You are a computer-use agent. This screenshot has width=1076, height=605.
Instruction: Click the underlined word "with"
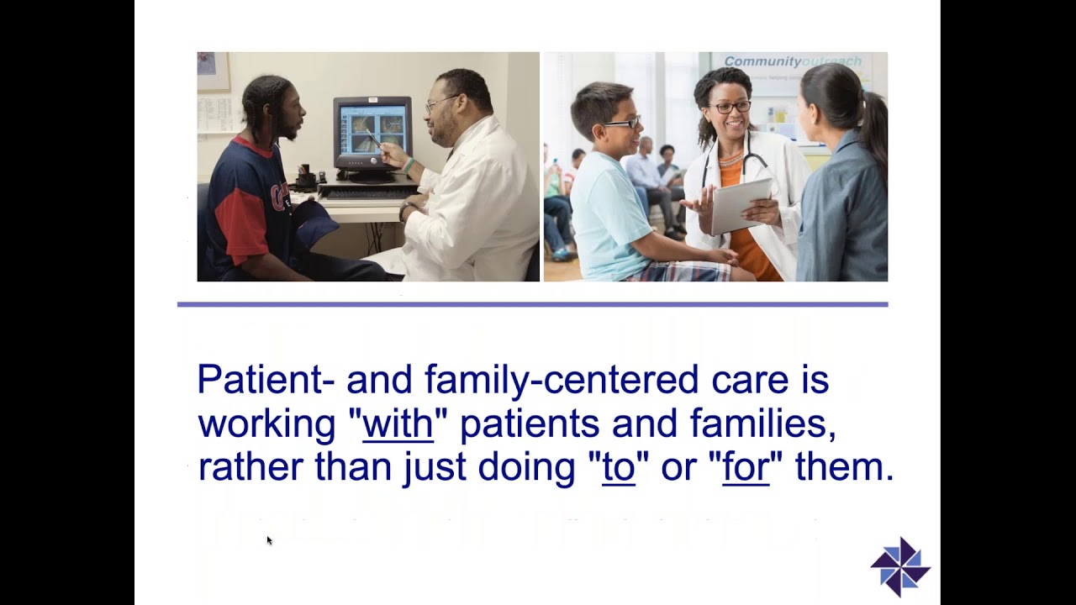[x=398, y=424]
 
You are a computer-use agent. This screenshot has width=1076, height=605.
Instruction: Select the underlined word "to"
[x=619, y=468]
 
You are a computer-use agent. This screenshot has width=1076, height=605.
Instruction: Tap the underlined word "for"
[x=746, y=468]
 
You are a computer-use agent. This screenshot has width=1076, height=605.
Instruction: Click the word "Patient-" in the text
[x=266, y=380]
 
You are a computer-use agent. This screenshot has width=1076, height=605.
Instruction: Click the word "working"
[x=267, y=424]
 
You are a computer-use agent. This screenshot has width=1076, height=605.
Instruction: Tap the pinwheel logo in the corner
[x=900, y=567]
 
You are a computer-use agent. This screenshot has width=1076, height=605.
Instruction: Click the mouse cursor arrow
[x=269, y=540]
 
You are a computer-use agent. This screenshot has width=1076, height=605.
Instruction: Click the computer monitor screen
[x=372, y=133]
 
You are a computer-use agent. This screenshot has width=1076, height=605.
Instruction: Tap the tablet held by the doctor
[x=740, y=205]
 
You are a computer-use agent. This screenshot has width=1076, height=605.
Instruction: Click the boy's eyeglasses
[x=621, y=124]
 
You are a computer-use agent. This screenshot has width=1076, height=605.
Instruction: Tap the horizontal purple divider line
[x=532, y=304]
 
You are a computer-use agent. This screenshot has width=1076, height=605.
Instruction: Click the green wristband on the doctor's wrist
[x=409, y=166]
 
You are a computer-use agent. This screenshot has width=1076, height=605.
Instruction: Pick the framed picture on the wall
[x=214, y=71]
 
